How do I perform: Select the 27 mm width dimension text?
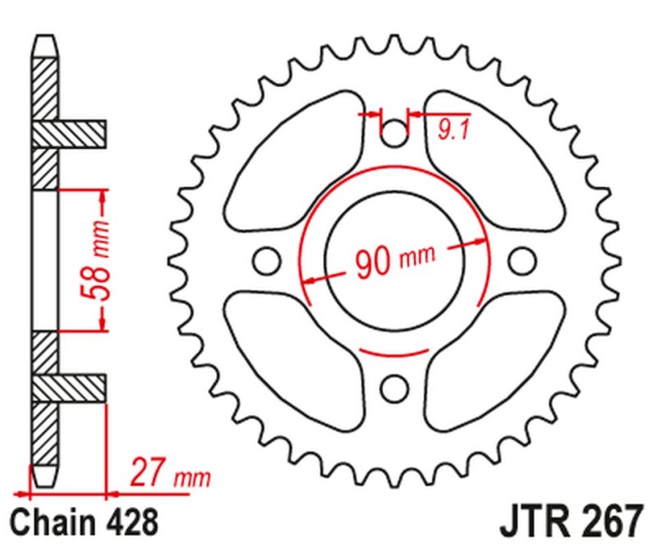click(x=169, y=475)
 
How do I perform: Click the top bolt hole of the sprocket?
click(x=394, y=131)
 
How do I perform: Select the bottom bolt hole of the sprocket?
click(x=394, y=386)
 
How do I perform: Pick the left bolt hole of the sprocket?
click(x=264, y=260)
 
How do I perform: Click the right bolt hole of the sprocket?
click(x=521, y=260)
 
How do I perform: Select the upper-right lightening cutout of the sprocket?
click(x=493, y=156)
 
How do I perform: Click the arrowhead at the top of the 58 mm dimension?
click(x=103, y=195)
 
